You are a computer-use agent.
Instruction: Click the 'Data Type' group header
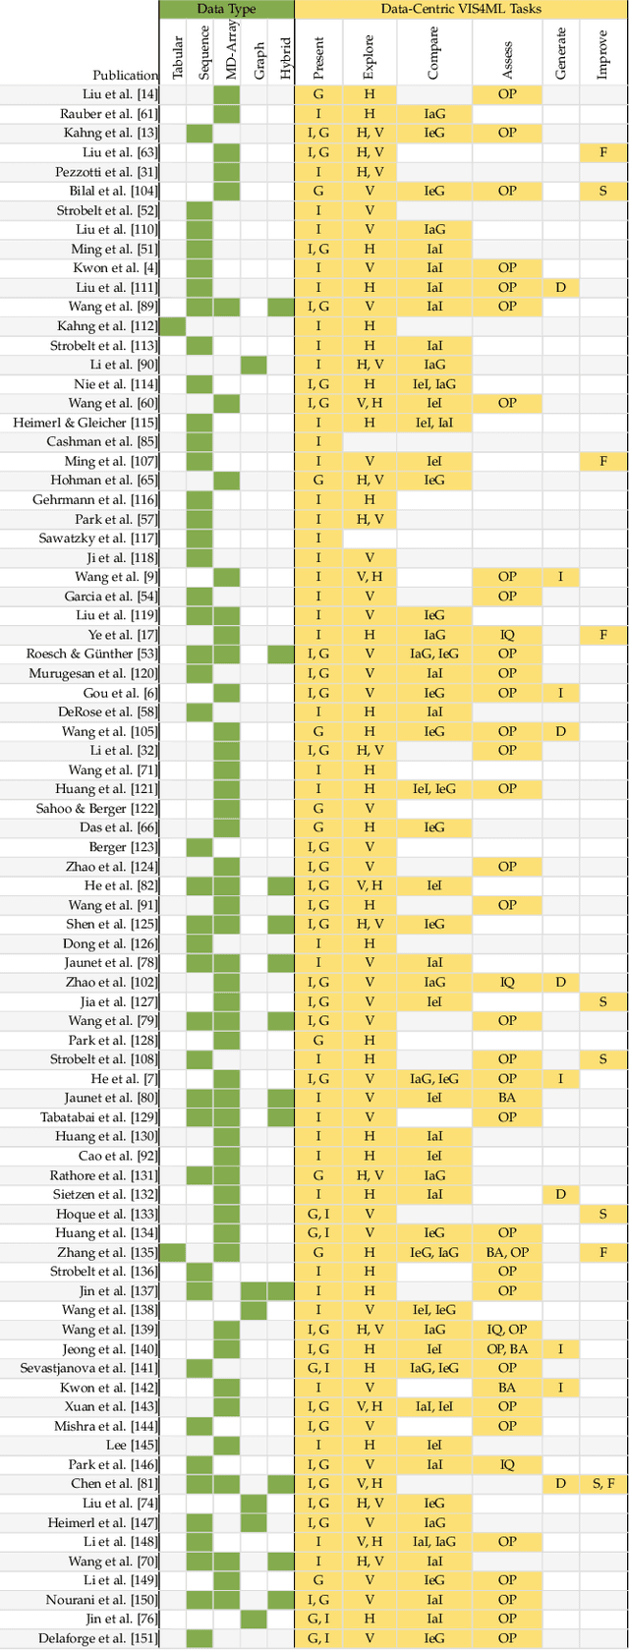(x=227, y=9)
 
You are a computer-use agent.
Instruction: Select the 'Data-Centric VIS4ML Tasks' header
(x=461, y=9)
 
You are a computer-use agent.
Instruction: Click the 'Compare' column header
(x=434, y=53)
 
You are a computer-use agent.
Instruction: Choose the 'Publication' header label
(x=125, y=75)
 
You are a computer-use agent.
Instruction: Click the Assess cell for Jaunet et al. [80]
(x=506, y=1098)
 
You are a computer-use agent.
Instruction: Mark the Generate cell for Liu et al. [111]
(x=560, y=288)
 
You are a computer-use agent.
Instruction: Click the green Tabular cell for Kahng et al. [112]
(x=173, y=326)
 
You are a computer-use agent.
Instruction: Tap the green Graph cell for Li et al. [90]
(x=254, y=365)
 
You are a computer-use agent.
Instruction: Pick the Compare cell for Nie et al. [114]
(x=434, y=384)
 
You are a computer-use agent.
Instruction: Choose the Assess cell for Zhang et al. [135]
(x=506, y=1252)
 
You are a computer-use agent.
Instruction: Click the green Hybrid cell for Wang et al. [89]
(x=281, y=307)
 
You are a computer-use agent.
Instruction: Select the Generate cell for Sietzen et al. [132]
(x=560, y=1194)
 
